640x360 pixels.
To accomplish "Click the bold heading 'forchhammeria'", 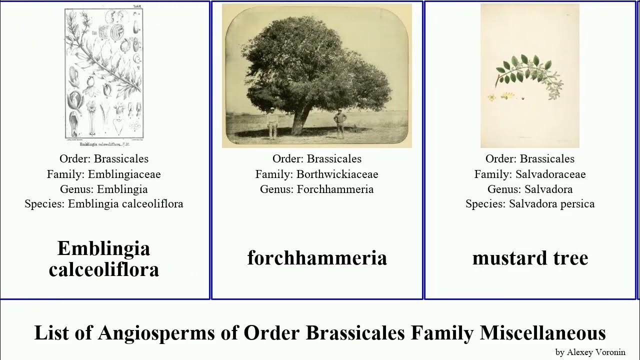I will (x=317, y=258).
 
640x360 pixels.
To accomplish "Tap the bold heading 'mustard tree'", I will (x=530, y=258).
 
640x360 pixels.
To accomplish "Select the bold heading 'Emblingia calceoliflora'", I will (x=104, y=258).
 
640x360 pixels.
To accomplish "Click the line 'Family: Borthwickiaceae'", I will (x=317, y=174).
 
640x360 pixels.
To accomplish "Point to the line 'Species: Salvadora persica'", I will (x=530, y=204).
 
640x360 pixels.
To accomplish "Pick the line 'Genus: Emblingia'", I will (x=104, y=189).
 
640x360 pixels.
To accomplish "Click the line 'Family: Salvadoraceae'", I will (x=530, y=174).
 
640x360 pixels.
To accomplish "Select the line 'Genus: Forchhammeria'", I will (x=317, y=189).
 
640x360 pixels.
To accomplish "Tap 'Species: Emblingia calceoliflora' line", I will (x=104, y=204).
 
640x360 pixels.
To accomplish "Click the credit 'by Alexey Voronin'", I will (x=590, y=352).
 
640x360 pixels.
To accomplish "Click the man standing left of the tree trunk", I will (x=271, y=123).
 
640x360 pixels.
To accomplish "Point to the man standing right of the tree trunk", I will (x=340, y=122).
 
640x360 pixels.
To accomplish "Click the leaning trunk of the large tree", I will (x=300, y=120).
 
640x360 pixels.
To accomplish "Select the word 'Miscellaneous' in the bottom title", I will (x=543, y=332).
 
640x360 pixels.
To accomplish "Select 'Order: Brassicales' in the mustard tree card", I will (x=530, y=159).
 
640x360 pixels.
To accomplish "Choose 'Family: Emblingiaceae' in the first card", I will (x=104, y=174).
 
